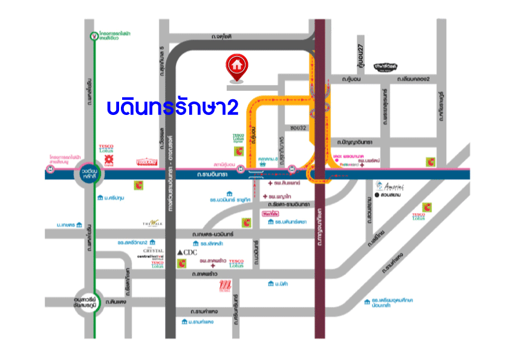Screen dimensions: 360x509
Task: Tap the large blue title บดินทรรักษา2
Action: [x=172, y=106]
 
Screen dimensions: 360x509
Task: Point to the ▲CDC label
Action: [x=187, y=252]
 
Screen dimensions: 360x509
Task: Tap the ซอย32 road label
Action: [x=297, y=128]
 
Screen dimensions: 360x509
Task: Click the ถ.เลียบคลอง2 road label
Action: [x=413, y=79]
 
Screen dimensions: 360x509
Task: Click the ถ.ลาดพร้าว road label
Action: [x=204, y=274]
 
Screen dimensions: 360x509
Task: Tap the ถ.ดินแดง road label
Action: [x=114, y=301]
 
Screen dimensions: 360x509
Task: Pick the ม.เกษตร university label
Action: [x=65, y=224]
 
